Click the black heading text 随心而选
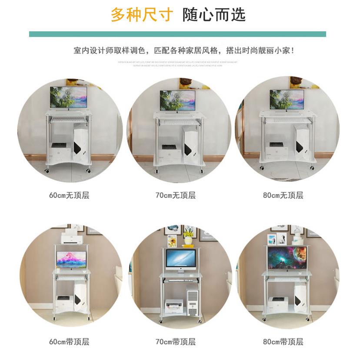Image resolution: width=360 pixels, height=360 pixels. pyautogui.click(x=213, y=15)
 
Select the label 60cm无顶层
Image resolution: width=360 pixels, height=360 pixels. pyautogui.click(x=69, y=195)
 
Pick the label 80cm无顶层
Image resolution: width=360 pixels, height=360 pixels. pyautogui.click(x=283, y=195)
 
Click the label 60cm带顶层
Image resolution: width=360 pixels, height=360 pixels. pyautogui.click(x=69, y=342)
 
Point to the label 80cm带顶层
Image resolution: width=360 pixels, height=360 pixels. pyautogui.click(x=283, y=342)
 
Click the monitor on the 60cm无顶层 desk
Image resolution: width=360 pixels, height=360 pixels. pyautogui.click(x=68, y=97)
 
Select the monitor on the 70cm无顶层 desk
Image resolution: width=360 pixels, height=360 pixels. pyautogui.click(x=177, y=100)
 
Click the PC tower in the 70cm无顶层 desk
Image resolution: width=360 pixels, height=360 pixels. pyautogui.click(x=190, y=146)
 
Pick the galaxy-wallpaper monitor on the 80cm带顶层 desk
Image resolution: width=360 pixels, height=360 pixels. pyautogui.click(x=287, y=257)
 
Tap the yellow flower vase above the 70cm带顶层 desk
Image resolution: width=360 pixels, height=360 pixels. pyautogui.click(x=188, y=238)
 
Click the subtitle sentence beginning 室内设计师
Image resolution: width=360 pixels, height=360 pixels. pyautogui.click(x=184, y=51)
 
